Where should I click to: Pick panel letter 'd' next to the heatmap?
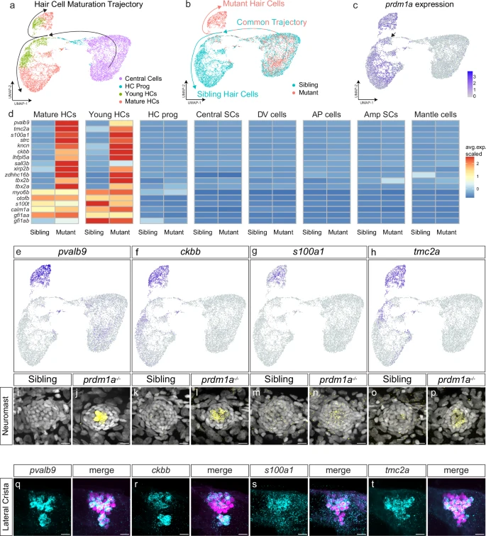point(6,113)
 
